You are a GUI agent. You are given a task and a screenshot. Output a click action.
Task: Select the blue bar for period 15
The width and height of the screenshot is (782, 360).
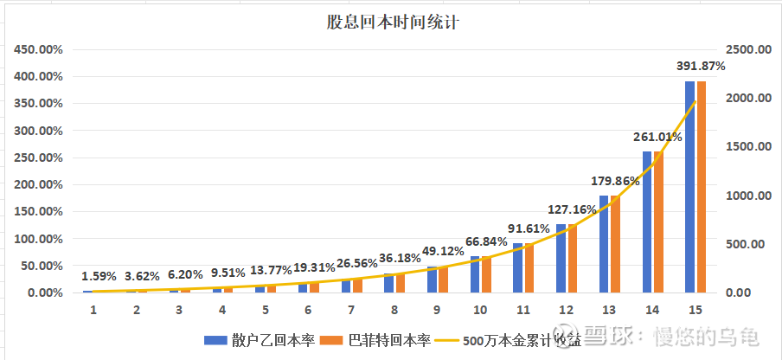(690, 186)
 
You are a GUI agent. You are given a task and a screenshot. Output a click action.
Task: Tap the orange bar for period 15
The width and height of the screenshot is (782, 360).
(702, 186)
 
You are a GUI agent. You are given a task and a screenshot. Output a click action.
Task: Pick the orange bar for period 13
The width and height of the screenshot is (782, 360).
(615, 244)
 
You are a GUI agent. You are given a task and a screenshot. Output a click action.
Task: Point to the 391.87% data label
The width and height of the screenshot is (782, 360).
(700, 65)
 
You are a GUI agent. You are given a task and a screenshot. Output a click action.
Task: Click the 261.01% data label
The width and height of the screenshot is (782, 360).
(657, 136)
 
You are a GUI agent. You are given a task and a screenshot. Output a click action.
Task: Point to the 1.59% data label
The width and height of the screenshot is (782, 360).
(99, 277)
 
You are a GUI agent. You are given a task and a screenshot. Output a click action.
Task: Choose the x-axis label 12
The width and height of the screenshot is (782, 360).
(567, 309)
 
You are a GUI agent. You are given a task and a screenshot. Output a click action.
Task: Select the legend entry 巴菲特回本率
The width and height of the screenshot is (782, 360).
(375, 340)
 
